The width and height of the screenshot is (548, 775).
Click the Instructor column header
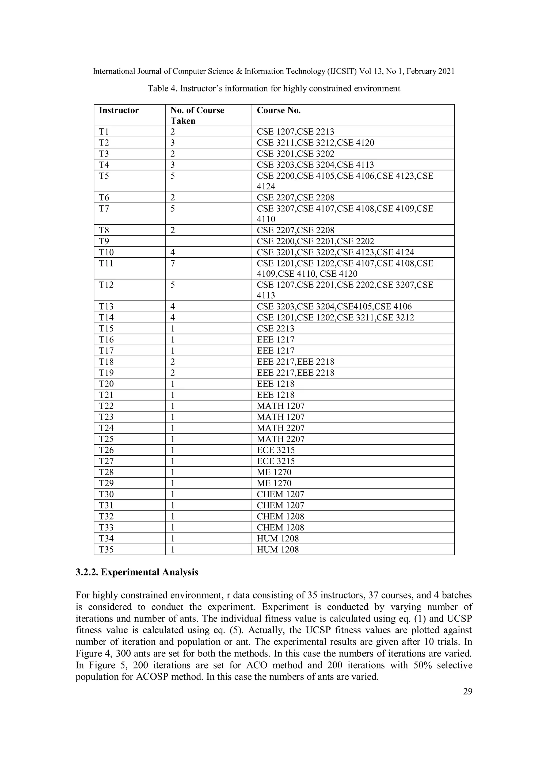click(x=119, y=110)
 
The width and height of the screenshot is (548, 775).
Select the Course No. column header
click(x=279, y=110)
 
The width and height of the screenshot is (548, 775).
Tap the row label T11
click(x=106, y=263)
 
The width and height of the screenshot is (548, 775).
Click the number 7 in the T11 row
click(x=173, y=263)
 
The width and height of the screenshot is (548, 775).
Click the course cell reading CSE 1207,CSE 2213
click(x=295, y=132)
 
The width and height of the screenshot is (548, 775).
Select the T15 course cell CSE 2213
click(x=276, y=329)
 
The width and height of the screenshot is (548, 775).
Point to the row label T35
click(x=106, y=549)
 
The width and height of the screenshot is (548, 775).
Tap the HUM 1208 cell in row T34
click(x=278, y=539)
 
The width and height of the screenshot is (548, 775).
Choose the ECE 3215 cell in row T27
click(x=276, y=461)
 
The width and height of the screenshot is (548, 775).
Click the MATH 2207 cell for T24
click(x=281, y=428)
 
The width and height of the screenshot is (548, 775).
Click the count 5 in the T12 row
click(x=173, y=285)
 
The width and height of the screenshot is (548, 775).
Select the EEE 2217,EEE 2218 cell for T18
click(x=295, y=362)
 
